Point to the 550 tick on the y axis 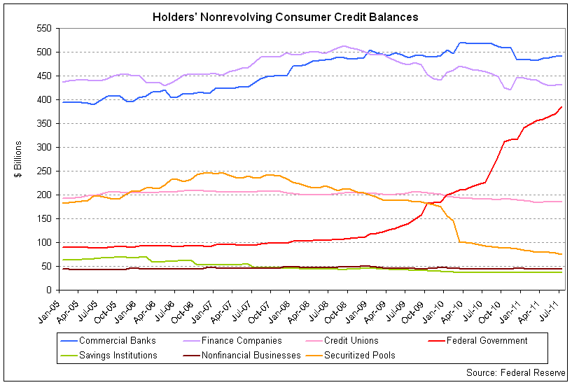[x=45, y=28]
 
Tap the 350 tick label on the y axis [x=45, y=123]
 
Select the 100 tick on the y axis [x=45, y=242]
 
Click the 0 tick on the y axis [x=50, y=290]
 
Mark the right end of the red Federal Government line [x=562, y=107]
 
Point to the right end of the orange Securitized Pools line [x=562, y=254]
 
